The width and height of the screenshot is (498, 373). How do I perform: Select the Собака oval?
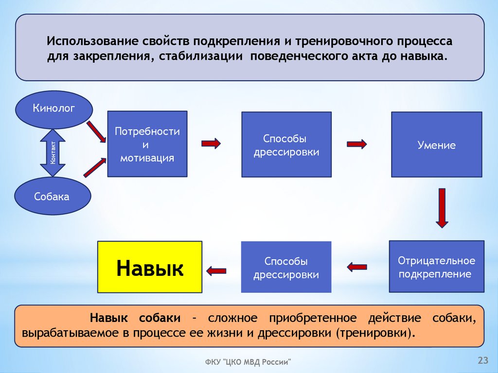pos(52,196)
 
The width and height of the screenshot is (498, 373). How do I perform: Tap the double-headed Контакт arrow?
pos(53,153)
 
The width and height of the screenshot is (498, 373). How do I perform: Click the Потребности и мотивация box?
pos(147,144)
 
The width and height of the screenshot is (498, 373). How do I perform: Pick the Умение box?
pos(436,145)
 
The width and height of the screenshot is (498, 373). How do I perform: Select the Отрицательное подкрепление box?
pos(436,267)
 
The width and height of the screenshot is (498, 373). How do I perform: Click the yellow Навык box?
pos(150,268)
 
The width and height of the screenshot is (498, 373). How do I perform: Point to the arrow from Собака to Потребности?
pos(95,167)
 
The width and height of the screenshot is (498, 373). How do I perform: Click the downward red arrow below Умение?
pos(441,208)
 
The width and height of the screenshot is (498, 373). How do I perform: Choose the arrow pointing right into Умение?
pos(356,144)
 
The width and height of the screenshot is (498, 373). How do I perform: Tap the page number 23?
pos(483,360)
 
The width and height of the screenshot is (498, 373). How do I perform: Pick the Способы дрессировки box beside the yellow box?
pos(286,268)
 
